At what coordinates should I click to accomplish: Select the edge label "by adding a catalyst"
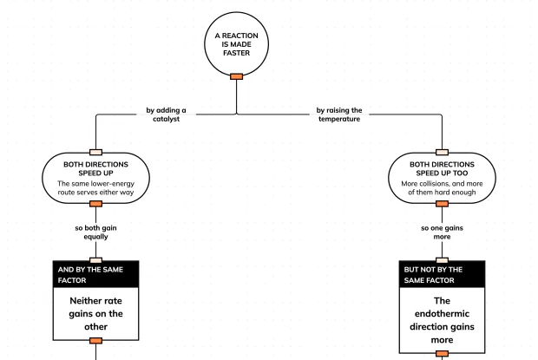[x=166, y=115]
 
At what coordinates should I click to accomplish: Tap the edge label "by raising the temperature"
[x=339, y=115]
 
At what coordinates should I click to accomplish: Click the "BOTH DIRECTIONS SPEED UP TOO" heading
[x=442, y=168]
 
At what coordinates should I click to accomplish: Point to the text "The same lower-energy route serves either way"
[x=95, y=188]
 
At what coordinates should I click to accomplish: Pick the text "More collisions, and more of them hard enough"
[x=442, y=188]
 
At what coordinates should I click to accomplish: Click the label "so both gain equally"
[x=95, y=232]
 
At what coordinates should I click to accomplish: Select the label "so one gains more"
[x=442, y=232]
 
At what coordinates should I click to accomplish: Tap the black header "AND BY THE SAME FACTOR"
[x=95, y=274]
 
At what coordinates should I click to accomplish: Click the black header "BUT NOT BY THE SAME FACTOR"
[x=442, y=274]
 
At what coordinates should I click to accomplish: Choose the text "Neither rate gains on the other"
[x=95, y=314]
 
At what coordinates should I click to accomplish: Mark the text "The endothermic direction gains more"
[x=442, y=320]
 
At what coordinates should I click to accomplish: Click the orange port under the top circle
[x=236, y=76]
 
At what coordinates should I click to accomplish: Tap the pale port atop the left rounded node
[x=95, y=152]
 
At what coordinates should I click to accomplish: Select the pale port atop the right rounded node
[x=442, y=152]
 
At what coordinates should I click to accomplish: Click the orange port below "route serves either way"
[x=95, y=204]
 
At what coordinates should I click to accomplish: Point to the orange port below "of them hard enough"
[x=442, y=204]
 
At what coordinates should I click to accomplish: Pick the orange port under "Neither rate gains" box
[x=95, y=340]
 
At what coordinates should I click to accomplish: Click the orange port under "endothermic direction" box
[x=442, y=353]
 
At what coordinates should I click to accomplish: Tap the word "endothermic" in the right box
[x=442, y=314]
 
